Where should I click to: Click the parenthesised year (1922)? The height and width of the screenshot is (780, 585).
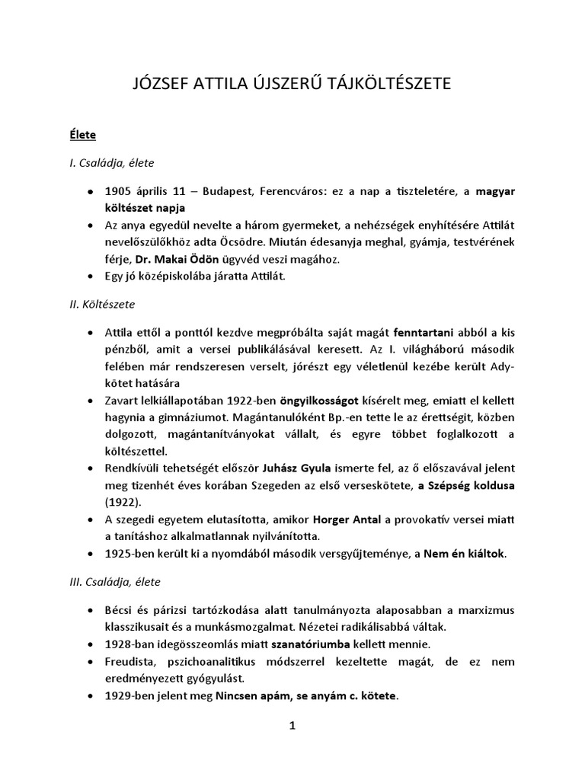click(x=126, y=503)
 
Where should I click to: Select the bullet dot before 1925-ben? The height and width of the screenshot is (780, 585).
click(x=91, y=554)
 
